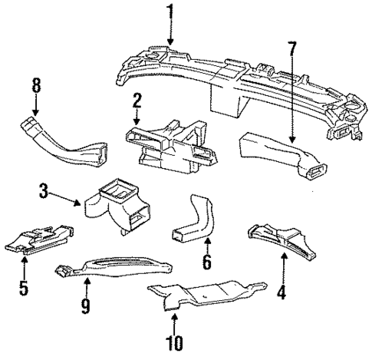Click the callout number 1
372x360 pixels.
point(170,12)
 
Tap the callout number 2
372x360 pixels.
point(136,100)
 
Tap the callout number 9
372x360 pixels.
point(86,306)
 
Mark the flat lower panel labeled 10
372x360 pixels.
point(207,296)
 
